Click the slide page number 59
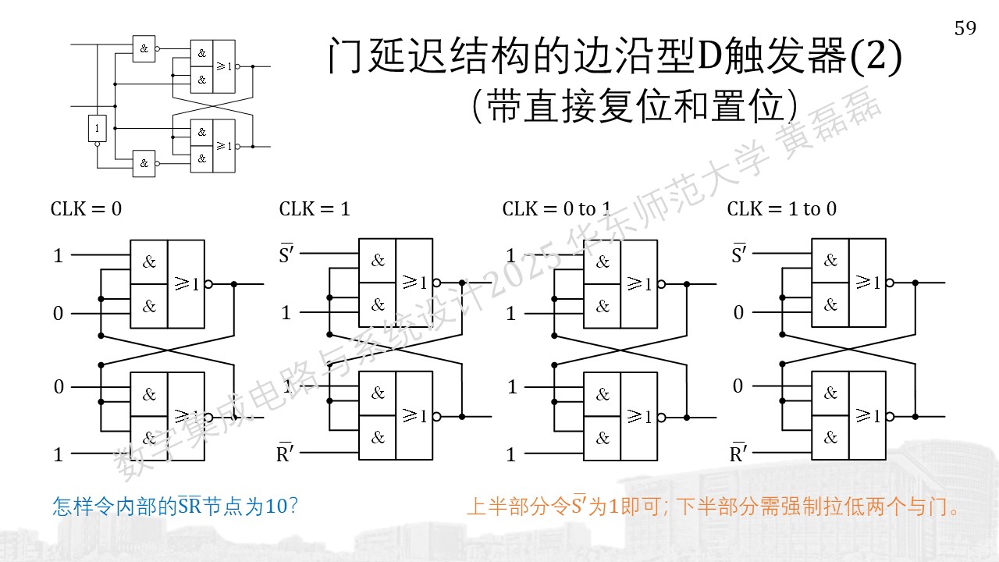pos(965,29)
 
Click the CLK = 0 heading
pos(86,208)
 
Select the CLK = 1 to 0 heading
pos(782,208)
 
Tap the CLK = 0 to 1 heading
pos(556,208)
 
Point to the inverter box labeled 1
pos(98,129)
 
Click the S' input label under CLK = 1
pos(286,254)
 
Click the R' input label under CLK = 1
pos(285,453)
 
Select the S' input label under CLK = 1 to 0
pos(739,254)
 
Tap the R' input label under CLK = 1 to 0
pos(738,453)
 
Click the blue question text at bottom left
pos(175,507)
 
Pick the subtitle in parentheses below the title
pos(635,106)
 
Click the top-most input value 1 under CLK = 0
pos(58,256)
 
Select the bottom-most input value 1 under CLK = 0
pos(58,454)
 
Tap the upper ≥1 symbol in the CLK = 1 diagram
pos(414,282)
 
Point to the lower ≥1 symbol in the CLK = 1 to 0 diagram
pos(868,416)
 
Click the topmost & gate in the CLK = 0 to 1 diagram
pos(603,261)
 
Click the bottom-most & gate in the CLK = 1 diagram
pos(377,438)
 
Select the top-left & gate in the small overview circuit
pos(144,48)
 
